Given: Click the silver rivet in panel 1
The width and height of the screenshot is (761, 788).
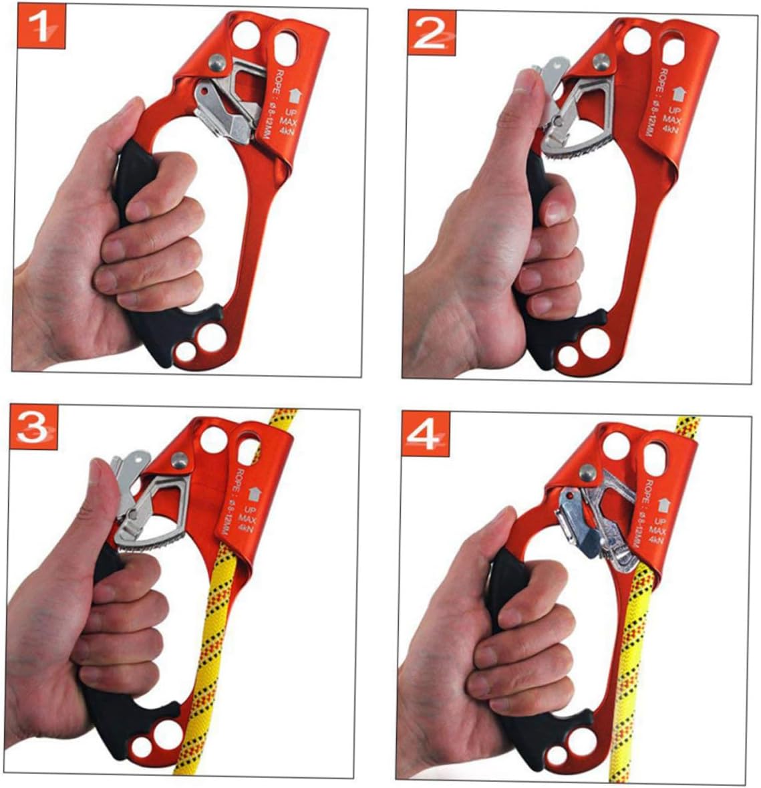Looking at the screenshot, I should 216,61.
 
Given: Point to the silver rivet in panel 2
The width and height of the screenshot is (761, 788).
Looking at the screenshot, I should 601,61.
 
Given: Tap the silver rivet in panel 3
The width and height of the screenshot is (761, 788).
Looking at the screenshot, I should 178,460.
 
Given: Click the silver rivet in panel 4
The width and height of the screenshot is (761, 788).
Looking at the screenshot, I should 587,473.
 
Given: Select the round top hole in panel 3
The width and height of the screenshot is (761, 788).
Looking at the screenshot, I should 214,439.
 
